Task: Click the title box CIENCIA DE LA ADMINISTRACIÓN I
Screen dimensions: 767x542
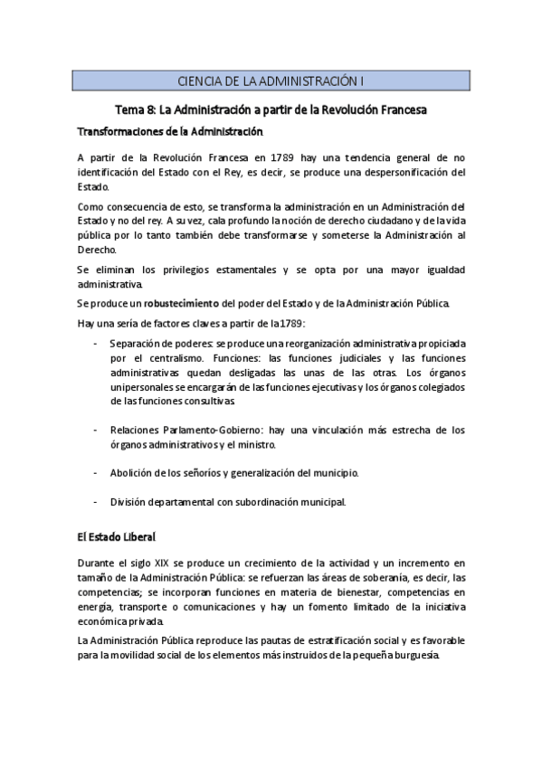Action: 271,80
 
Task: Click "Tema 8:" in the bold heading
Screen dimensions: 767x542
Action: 137,109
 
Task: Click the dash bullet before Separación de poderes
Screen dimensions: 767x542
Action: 97,344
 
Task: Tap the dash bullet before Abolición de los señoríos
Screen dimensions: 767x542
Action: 97,473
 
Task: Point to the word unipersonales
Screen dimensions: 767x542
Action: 145,387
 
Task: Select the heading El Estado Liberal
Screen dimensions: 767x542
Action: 115,536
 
